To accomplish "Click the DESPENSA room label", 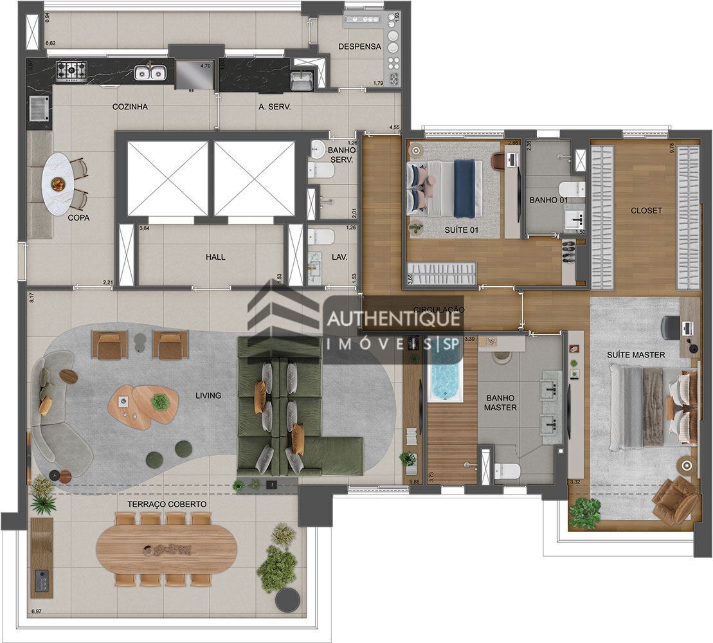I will pyautogui.click(x=359, y=46).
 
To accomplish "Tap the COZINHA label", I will pyautogui.click(x=130, y=107).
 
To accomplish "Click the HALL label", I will pyautogui.click(x=215, y=257).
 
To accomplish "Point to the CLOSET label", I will pyautogui.click(x=646, y=210).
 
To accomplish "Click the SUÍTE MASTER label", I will pyautogui.click(x=636, y=354).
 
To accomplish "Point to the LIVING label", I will pyautogui.click(x=208, y=395).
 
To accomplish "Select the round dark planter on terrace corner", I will pyautogui.click(x=287, y=600).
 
